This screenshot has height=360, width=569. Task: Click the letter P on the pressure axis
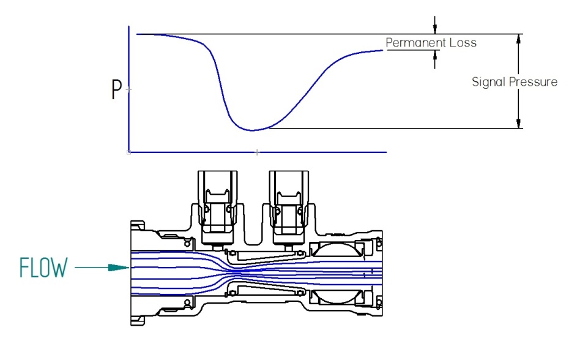116,89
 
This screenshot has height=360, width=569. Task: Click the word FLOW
43,268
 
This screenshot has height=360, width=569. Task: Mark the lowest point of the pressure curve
251,130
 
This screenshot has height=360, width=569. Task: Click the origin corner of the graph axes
128,151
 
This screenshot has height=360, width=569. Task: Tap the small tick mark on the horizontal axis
257,151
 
